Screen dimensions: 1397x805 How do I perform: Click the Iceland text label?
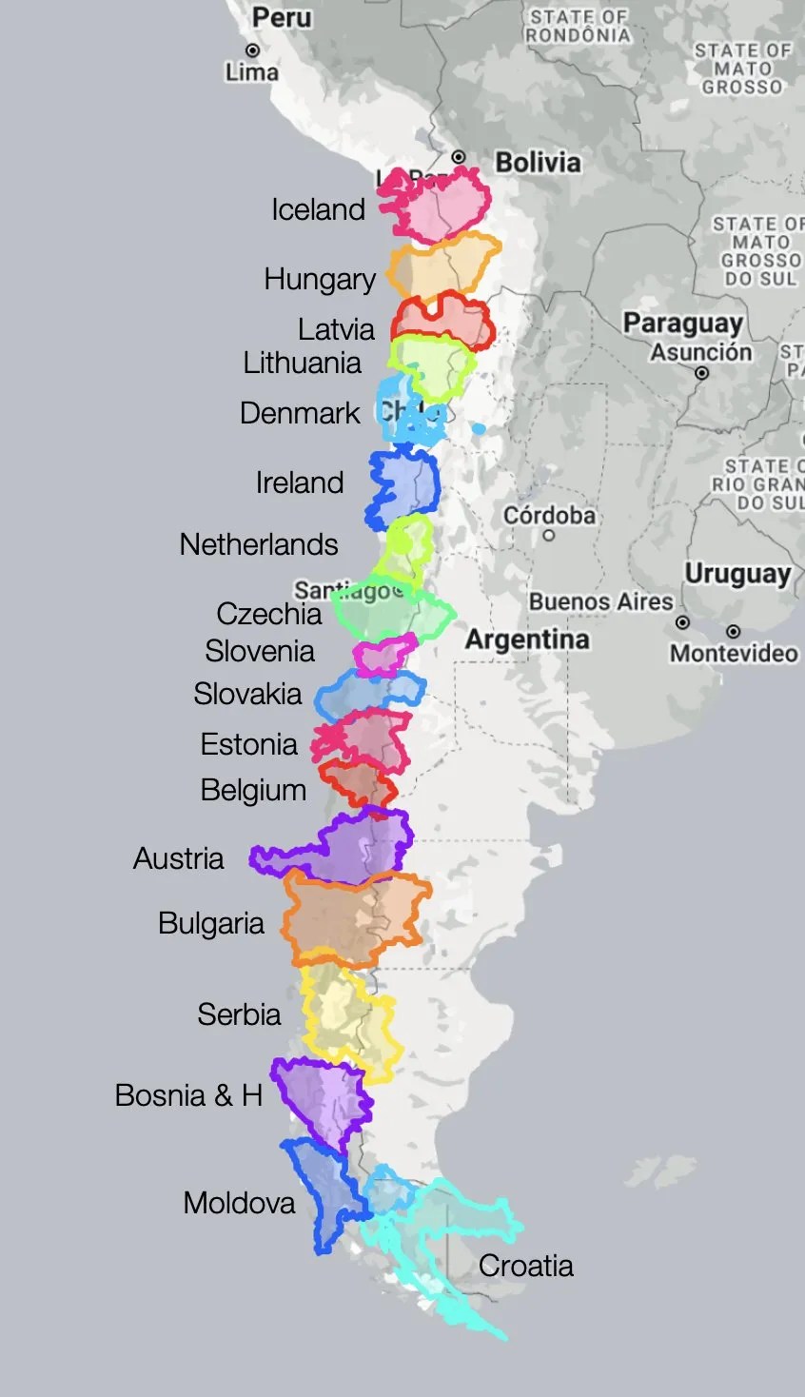coord(318,209)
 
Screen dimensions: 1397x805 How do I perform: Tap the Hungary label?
coord(320,280)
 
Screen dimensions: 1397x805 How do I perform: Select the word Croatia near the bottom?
coord(525,1266)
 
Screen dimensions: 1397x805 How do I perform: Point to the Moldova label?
coord(239,1203)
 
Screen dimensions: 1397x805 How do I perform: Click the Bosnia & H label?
coord(188,1095)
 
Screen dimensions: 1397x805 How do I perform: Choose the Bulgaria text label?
coord(211,923)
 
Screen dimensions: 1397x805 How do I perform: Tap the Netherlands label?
coord(259,544)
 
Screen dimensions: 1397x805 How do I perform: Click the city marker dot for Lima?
coord(252,50)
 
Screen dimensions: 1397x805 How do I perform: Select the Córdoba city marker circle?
coord(548,536)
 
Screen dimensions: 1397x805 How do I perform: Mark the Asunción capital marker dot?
coord(701,373)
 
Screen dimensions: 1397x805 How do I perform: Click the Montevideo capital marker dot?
coord(733,632)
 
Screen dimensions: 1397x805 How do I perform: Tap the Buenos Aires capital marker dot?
coord(682,622)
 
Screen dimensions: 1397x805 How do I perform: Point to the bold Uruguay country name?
coord(737,575)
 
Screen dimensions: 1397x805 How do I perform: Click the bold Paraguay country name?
coord(681,324)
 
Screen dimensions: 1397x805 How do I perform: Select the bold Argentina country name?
coord(526,639)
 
